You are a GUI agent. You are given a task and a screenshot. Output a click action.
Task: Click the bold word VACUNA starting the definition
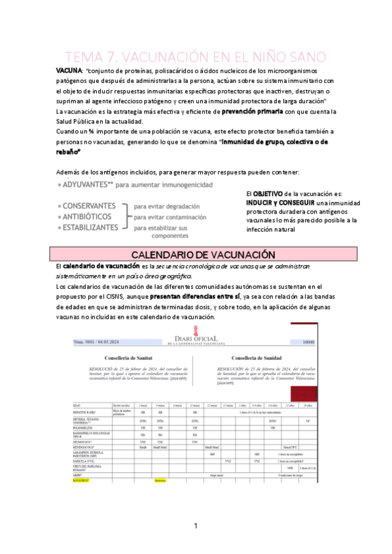coord(68,70)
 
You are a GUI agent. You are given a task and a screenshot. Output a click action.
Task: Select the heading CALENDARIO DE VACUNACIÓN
coord(196,255)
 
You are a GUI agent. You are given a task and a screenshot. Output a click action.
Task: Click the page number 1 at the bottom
coord(195,525)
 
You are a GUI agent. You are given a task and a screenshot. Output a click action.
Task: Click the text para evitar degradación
coord(167,205)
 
